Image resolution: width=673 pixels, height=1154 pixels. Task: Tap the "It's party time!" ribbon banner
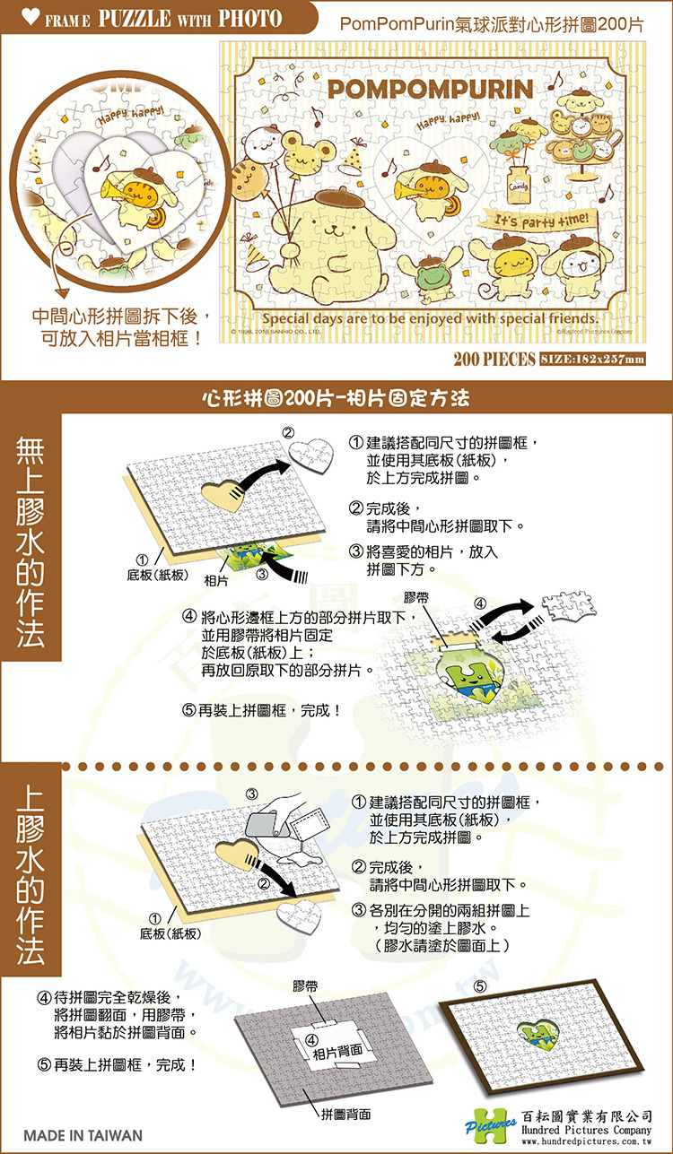coord(535,220)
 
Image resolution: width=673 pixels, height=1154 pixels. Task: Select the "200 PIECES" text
coord(493,360)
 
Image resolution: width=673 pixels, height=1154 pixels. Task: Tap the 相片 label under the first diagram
coord(215,582)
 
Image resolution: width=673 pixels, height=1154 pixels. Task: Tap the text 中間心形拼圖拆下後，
coord(122,318)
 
